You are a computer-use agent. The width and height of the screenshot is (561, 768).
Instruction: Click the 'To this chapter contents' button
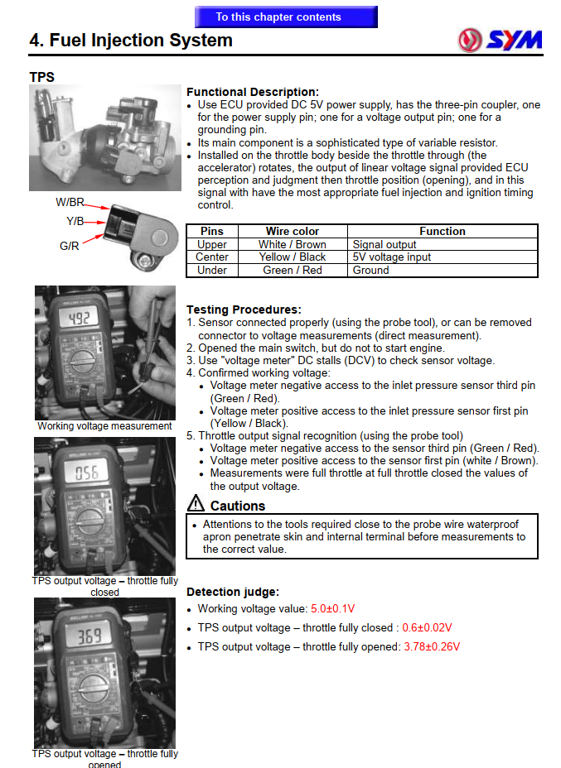285,17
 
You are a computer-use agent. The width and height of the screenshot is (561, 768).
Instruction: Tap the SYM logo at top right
500,39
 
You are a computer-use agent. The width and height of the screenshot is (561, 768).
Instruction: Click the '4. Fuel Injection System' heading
131,41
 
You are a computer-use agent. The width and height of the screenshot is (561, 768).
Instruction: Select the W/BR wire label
70,202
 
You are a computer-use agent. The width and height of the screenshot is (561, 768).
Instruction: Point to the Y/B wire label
75,221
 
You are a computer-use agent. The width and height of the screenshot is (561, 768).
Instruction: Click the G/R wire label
70,246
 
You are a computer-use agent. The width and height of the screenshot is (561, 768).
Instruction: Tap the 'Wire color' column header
293,231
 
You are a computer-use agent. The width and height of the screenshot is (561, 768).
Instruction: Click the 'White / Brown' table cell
293,244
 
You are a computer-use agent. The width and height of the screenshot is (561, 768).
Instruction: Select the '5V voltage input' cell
392,257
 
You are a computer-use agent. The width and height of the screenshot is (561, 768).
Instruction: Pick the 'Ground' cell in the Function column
370,270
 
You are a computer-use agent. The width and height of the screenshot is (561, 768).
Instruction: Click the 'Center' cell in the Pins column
212,257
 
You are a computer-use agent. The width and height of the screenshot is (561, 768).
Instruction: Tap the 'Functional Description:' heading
252,92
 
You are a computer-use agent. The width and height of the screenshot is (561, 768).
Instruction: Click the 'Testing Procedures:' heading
244,310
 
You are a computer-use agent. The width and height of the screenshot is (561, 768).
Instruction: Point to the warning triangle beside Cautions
196,502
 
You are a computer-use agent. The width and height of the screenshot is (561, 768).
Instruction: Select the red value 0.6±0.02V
427,628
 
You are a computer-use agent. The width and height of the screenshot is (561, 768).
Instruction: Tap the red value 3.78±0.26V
431,646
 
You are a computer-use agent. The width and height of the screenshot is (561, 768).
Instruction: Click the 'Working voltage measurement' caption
104,426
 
